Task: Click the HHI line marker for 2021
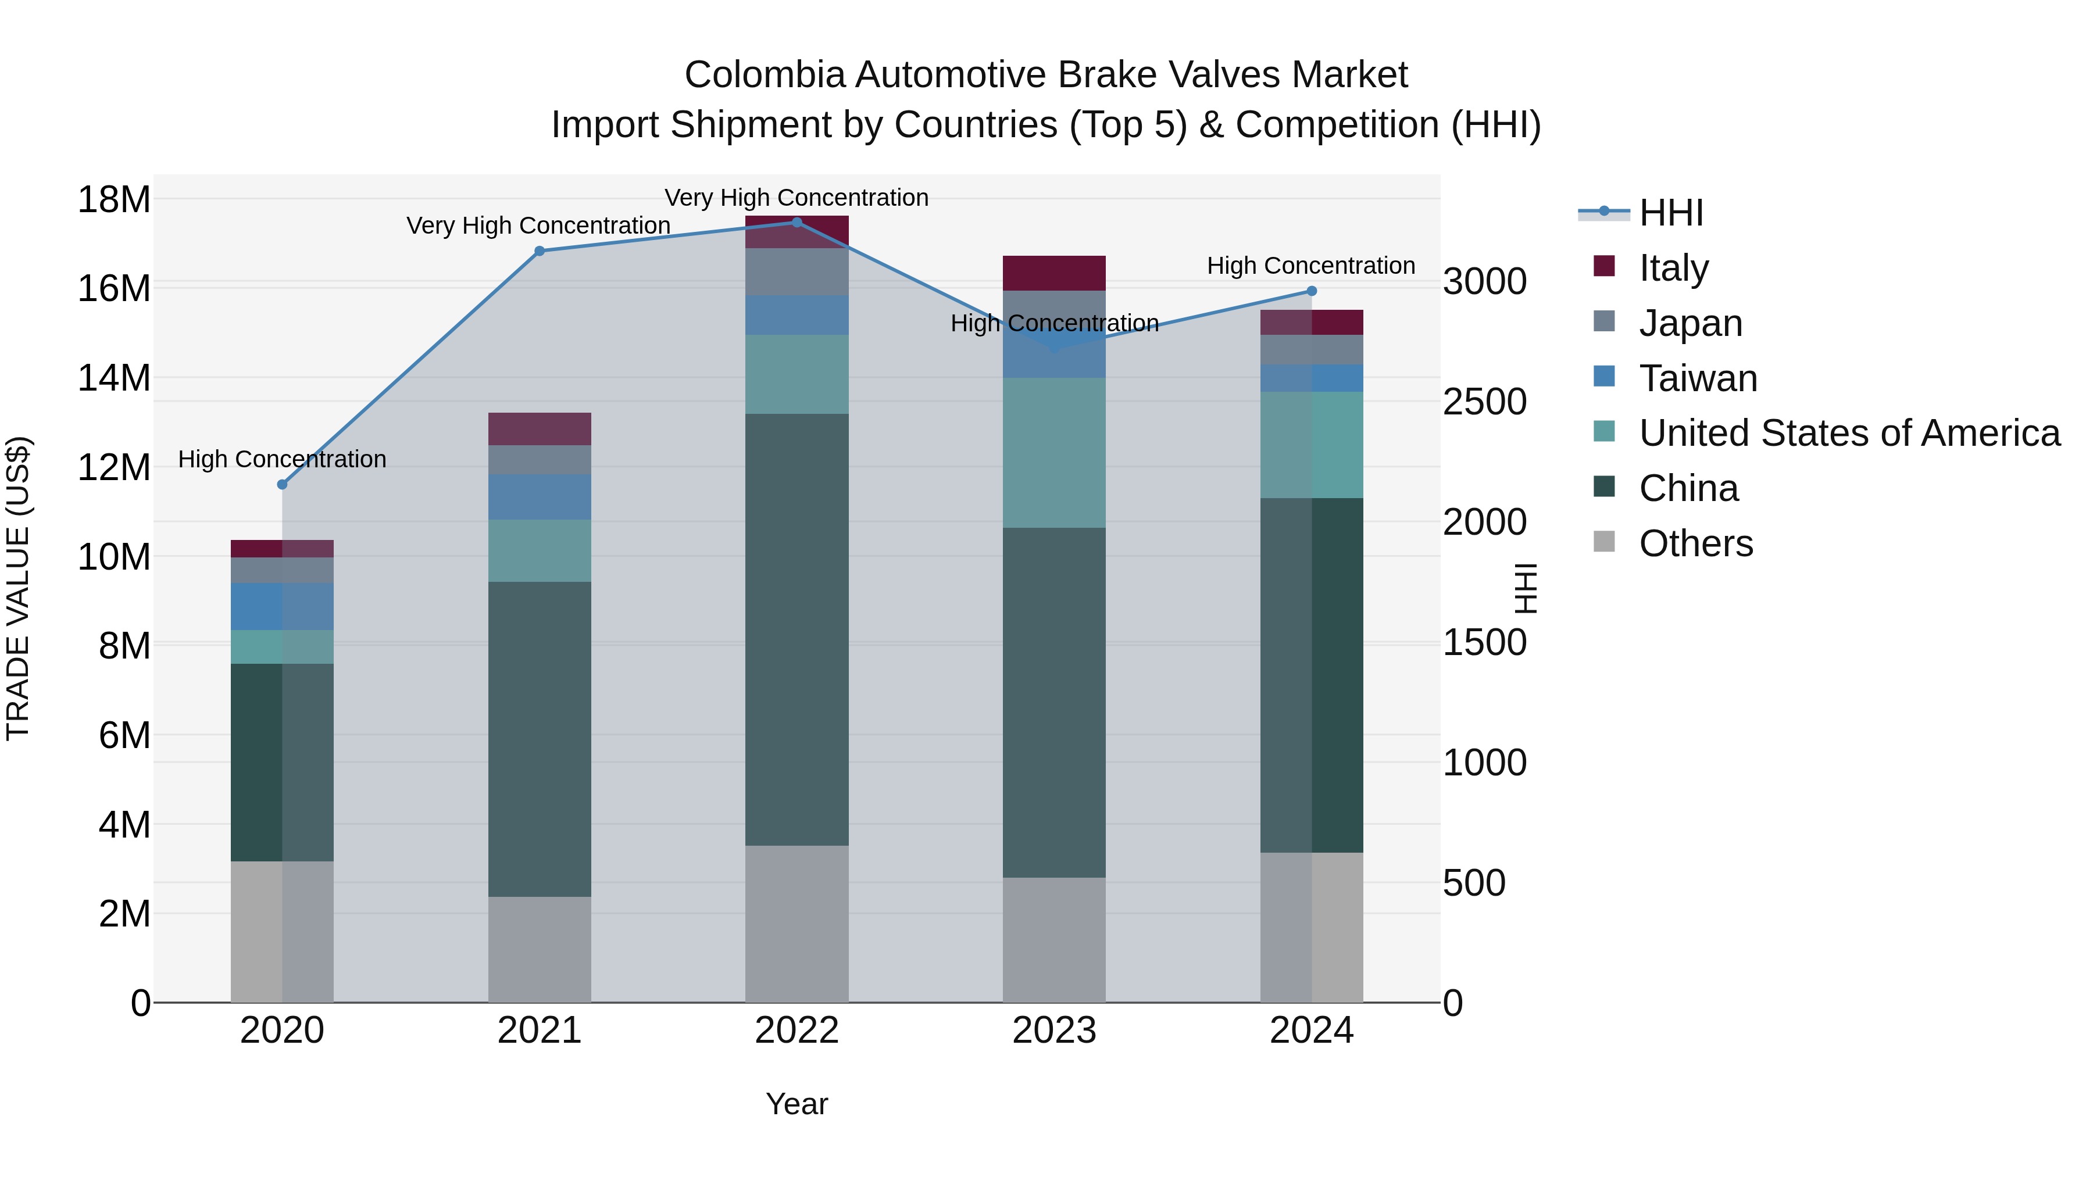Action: [540, 251]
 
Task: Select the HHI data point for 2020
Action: [282, 484]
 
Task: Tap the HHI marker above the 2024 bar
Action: [1312, 291]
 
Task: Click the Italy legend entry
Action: [1674, 267]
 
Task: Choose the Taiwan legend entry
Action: [1698, 378]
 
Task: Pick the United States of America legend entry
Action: [1849, 433]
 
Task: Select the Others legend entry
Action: [1696, 543]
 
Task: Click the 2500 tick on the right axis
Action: [1484, 402]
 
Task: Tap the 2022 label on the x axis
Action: [797, 1031]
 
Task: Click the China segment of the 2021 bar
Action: [540, 739]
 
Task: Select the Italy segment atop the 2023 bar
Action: [1054, 273]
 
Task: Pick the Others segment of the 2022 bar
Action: [797, 924]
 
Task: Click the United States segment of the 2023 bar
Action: [1054, 452]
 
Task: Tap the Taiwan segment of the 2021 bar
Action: [540, 496]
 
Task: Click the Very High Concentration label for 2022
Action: [797, 198]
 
